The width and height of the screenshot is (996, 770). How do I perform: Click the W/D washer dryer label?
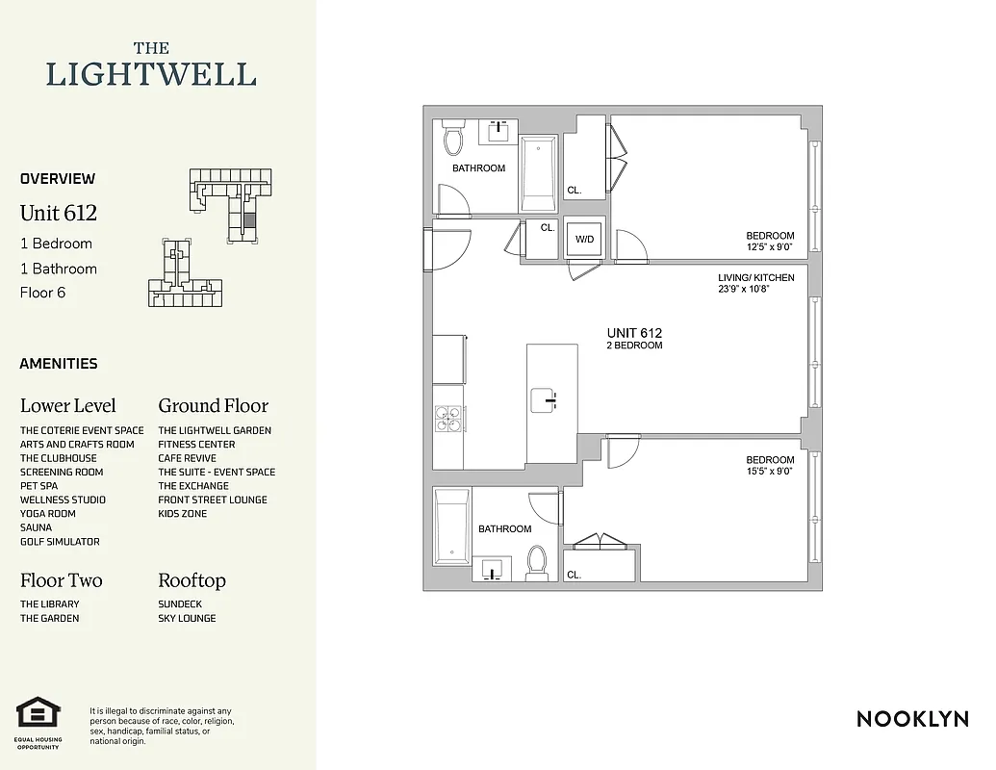tap(584, 239)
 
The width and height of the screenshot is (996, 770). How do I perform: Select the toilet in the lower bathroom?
tap(537, 561)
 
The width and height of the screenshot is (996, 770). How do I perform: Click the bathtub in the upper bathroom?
tap(539, 173)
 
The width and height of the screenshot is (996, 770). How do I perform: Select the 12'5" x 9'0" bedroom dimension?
tap(770, 247)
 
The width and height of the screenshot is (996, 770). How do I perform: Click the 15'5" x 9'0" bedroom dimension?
tap(770, 472)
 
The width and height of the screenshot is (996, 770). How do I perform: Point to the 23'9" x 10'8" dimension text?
tap(756, 289)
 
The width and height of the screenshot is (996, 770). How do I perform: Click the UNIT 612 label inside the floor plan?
tap(634, 333)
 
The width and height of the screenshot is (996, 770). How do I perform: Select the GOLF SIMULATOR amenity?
tap(60, 542)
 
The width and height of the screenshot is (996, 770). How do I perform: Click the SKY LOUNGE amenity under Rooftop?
tap(187, 618)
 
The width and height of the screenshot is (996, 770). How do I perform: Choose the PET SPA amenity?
tap(38, 486)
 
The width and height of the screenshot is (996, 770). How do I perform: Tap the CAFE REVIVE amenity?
tap(187, 458)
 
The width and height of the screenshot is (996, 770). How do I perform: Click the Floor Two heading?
tap(61, 580)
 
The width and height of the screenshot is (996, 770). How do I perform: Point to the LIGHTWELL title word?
tap(151, 74)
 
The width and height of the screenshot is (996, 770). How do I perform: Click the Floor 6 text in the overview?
tap(42, 293)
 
